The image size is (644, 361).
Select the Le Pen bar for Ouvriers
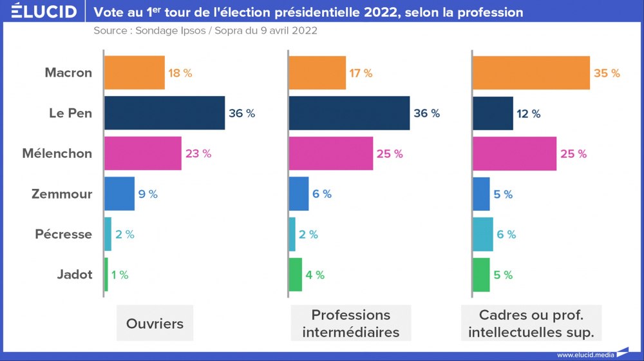pyautogui.click(x=164, y=113)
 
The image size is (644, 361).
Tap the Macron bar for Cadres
pyautogui.click(x=531, y=73)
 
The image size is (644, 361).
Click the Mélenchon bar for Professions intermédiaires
pyautogui.click(x=330, y=153)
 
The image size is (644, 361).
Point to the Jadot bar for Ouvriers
pyautogui.click(x=106, y=275)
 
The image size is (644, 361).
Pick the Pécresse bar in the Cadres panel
pyautogui.click(x=483, y=234)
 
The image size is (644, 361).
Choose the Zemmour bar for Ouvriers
pyautogui.click(x=119, y=193)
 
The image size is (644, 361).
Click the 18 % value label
pyautogui.click(x=180, y=73)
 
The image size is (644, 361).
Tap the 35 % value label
pyautogui.click(x=607, y=73)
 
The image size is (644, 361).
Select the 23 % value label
pyautogui.click(x=198, y=153)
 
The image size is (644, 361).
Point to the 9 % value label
pyautogui.click(x=147, y=194)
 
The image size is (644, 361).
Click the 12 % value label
pyautogui.click(x=528, y=113)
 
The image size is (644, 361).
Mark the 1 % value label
pyautogui.click(x=120, y=275)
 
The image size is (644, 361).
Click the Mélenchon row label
pyautogui.click(x=57, y=153)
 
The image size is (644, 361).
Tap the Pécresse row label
pyautogui.click(x=64, y=234)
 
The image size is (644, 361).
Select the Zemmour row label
pyautogui.click(x=62, y=194)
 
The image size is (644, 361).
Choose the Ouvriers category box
pyautogui.click(x=155, y=324)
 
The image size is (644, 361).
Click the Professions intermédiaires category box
pyautogui.click(x=351, y=324)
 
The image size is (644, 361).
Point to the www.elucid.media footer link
pyautogui.click(x=585, y=355)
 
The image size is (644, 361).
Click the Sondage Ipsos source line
pyautogui.click(x=205, y=30)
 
